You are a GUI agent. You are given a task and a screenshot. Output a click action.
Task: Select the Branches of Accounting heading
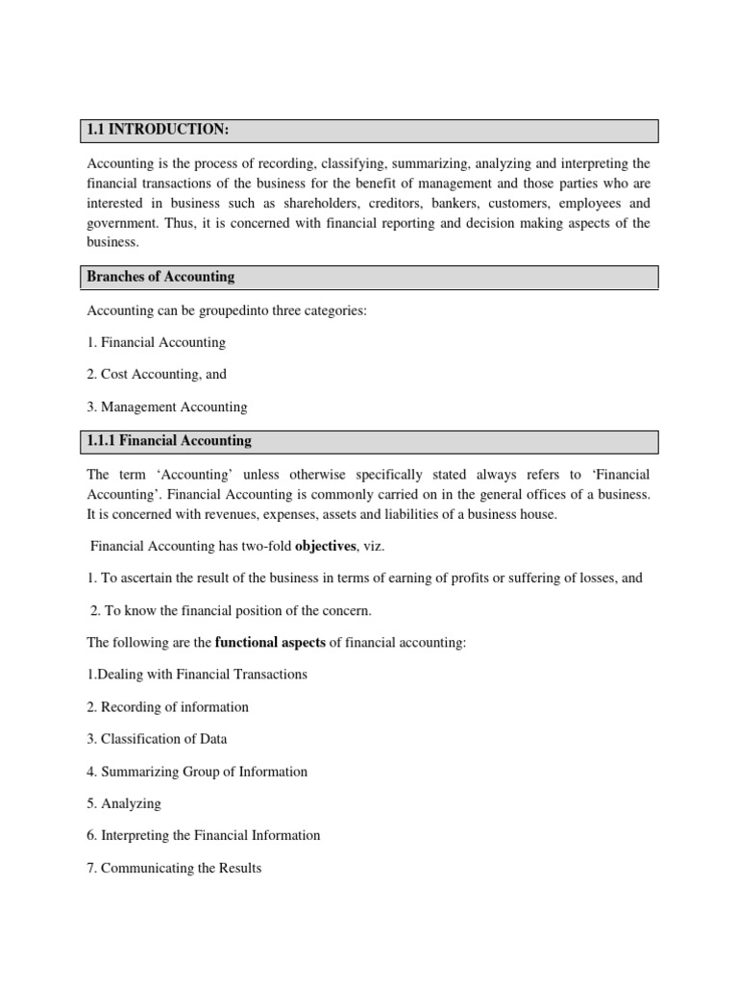click(160, 277)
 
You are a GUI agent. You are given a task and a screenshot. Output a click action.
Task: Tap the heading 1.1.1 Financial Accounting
click(169, 441)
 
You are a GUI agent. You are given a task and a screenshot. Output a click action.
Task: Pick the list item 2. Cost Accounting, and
click(157, 375)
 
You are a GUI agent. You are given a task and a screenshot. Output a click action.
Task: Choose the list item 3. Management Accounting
click(167, 407)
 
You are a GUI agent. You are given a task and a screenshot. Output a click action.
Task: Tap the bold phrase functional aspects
click(270, 642)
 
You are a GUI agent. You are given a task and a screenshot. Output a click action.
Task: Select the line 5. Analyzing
click(124, 803)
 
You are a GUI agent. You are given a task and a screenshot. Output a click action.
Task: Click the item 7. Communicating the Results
click(174, 868)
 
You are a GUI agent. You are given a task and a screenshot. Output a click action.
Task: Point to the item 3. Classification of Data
click(158, 739)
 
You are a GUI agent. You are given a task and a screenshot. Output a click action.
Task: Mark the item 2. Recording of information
click(168, 707)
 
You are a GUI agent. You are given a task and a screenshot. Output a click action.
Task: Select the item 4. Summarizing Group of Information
click(198, 772)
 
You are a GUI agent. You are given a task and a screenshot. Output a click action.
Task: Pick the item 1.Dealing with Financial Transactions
click(198, 675)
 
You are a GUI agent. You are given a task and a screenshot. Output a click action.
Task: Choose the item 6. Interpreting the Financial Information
click(204, 836)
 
